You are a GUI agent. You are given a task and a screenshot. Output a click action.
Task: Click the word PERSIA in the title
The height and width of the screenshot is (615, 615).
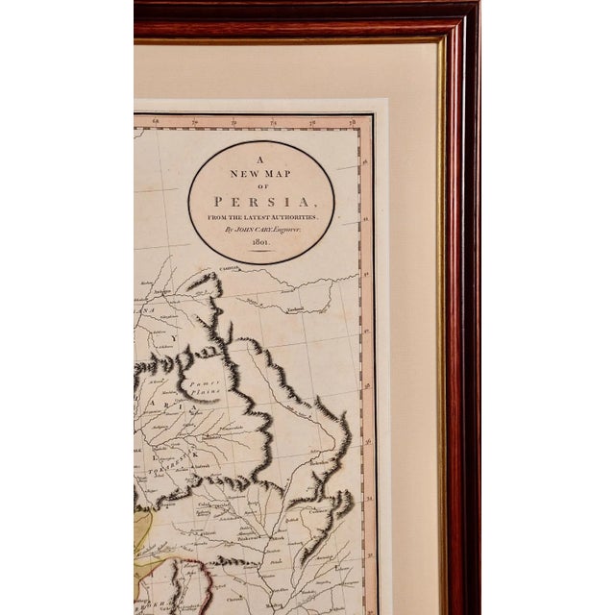(260, 205)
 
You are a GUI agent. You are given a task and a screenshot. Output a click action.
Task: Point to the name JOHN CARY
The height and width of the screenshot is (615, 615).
(246, 232)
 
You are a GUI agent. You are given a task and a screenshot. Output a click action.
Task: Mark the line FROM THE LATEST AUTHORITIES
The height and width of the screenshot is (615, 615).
(260, 220)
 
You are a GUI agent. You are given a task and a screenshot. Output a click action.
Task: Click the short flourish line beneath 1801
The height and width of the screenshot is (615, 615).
(261, 255)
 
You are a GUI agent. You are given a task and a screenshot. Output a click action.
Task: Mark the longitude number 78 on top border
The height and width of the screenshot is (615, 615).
(353, 123)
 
